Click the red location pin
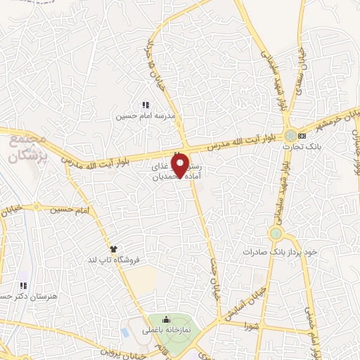(x=184, y=165)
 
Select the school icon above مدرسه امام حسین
(x=145, y=105)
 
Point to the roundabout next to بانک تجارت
(x=290, y=135)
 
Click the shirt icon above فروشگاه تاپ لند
(x=112, y=248)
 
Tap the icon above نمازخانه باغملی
(x=166, y=321)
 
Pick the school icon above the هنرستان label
(x=22, y=286)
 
